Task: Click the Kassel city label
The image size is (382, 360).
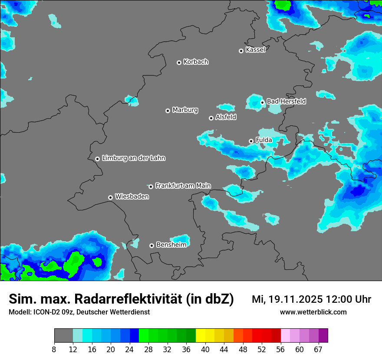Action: click(x=255, y=50)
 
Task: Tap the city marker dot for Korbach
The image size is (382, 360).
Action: click(x=179, y=62)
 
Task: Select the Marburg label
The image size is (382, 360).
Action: click(x=185, y=110)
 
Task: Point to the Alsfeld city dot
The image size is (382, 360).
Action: click(x=211, y=118)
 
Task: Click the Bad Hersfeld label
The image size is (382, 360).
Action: click(x=286, y=101)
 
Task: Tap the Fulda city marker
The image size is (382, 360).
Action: click(x=251, y=141)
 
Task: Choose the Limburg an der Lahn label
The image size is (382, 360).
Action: click(x=133, y=158)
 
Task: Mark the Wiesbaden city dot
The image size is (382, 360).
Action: click(x=110, y=197)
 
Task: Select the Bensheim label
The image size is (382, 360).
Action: click(x=171, y=245)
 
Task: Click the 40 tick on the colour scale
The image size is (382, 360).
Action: click(x=205, y=350)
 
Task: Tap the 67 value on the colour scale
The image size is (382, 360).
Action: click(x=318, y=350)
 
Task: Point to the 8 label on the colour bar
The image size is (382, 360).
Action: click(x=54, y=350)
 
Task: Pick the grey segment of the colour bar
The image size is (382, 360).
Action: click(x=63, y=336)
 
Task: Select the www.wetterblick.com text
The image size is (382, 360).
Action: click(x=313, y=312)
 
